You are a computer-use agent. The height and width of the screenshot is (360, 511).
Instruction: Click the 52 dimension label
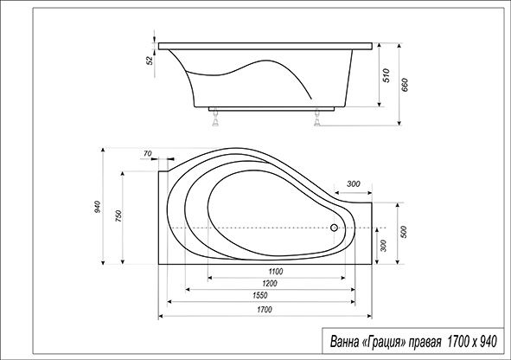point(150,61)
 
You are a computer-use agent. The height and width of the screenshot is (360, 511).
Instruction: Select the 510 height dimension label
point(386,75)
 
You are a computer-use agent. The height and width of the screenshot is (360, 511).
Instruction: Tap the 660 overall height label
point(405,85)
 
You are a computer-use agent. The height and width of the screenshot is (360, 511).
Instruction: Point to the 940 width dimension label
point(98,207)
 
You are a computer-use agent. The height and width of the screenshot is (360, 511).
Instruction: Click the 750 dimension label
point(118,216)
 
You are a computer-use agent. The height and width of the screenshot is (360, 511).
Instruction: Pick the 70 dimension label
point(148,153)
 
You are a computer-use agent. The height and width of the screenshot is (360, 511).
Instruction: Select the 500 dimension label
point(404,232)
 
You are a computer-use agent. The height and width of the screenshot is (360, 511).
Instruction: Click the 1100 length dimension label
point(276,272)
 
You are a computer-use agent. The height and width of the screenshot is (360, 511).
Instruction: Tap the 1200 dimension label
point(270,283)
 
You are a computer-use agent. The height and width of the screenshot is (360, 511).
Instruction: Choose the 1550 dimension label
point(259,295)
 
